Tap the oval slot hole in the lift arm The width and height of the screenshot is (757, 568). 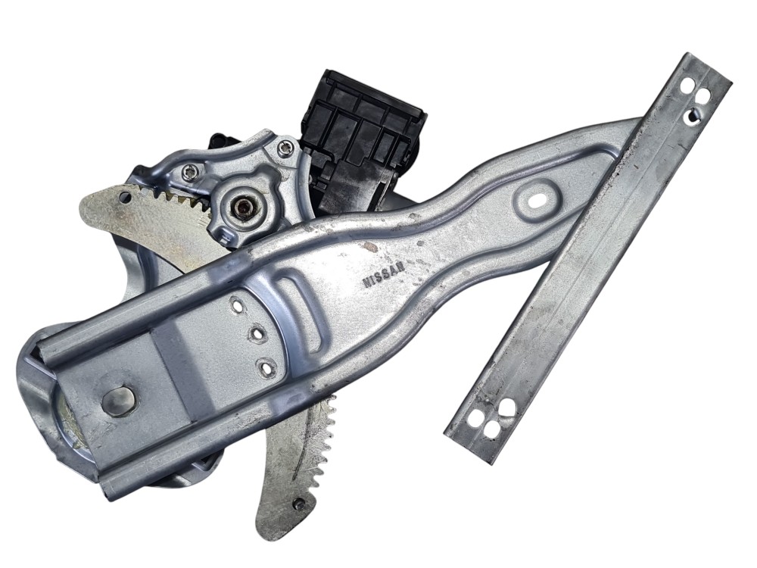click(534, 199)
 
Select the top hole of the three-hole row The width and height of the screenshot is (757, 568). click(238, 305)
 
